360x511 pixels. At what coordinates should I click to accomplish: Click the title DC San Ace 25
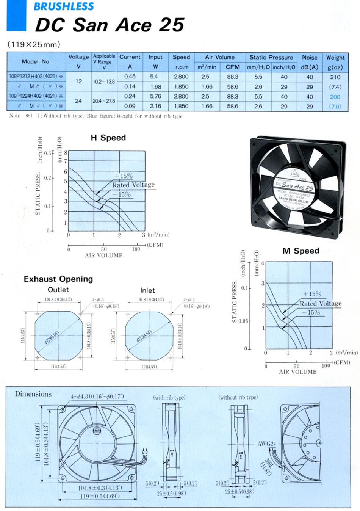tap(109, 25)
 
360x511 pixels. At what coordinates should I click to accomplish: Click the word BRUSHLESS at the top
tap(64, 6)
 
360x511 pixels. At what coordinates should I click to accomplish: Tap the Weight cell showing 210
tap(335, 77)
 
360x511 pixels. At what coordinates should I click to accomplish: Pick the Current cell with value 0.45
tap(130, 77)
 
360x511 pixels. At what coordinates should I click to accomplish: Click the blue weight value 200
tap(335, 97)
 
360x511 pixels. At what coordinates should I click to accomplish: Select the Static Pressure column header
tap(271, 57)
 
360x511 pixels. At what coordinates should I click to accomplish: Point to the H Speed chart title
tap(108, 138)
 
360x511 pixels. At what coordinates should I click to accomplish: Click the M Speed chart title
tap(301, 251)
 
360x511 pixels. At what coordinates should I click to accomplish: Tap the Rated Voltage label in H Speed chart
tap(133, 185)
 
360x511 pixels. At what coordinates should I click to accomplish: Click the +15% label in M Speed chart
tap(312, 294)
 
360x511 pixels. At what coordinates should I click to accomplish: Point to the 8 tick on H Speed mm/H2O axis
tap(66, 153)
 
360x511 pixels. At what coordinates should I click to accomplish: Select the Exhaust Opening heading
tap(58, 279)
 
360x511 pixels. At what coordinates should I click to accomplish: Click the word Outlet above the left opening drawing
tap(58, 290)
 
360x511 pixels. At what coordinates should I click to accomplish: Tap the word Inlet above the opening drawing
tap(147, 290)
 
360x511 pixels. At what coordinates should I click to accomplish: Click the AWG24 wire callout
tap(267, 444)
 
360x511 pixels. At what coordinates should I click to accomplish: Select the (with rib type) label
tap(169, 398)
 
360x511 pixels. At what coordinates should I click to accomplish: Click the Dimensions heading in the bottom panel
tap(33, 394)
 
